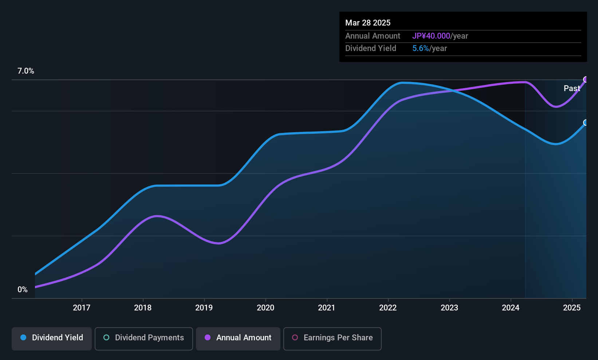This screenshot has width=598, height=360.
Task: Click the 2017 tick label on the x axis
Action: [x=82, y=308]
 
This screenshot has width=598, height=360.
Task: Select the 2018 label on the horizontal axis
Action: [x=143, y=308]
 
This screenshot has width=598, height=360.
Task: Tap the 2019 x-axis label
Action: [x=204, y=308]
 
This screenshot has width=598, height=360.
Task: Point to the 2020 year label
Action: [x=265, y=308]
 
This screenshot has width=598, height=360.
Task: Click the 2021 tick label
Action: [x=327, y=308]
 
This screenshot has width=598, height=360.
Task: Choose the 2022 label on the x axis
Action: [x=388, y=308]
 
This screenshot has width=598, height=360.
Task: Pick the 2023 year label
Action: [x=449, y=308]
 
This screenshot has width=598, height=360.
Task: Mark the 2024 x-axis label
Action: [x=511, y=308]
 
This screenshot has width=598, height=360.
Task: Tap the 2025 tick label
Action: [x=572, y=308]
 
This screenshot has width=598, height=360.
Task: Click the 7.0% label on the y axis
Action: [x=26, y=71]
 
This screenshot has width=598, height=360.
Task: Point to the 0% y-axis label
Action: [x=23, y=290]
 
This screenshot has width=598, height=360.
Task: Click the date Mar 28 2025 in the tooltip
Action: [x=368, y=23]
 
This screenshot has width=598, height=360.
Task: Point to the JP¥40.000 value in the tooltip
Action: [x=431, y=36]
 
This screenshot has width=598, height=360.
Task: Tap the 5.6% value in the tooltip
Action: [x=421, y=48]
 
